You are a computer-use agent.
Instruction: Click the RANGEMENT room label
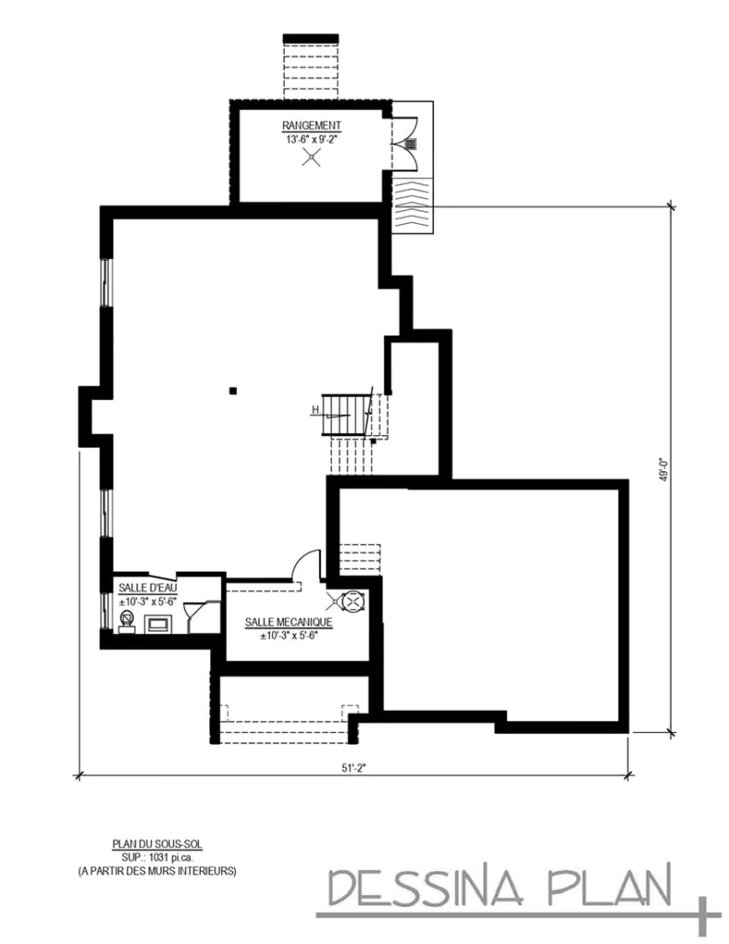click(312, 125)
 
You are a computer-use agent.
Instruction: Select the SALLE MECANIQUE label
click(288, 622)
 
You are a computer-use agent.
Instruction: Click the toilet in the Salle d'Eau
click(126, 619)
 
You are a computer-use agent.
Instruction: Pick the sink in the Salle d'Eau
click(159, 624)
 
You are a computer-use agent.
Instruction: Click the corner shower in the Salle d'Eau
click(195, 612)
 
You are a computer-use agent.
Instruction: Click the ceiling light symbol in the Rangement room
click(312, 157)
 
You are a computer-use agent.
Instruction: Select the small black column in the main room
click(234, 391)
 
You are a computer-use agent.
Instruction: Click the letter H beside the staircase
click(315, 409)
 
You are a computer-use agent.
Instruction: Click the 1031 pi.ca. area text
click(157, 856)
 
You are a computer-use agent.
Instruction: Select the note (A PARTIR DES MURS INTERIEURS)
click(157, 869)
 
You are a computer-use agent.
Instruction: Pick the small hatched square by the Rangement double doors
click(411, 145)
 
